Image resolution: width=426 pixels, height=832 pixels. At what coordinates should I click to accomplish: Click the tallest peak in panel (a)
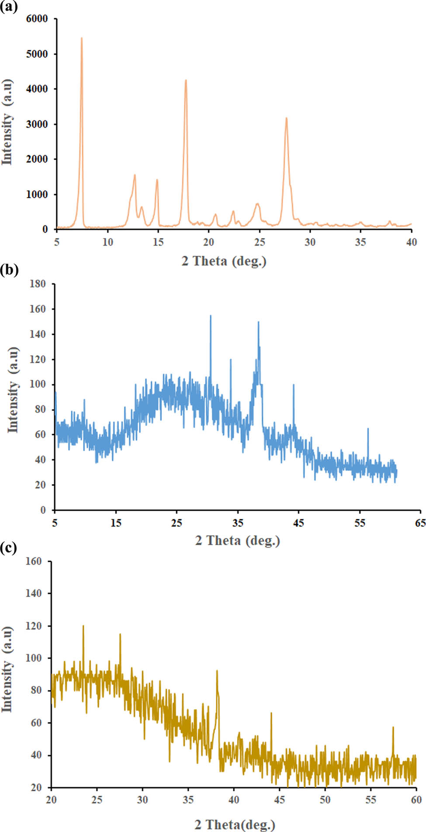(x=81, y=38)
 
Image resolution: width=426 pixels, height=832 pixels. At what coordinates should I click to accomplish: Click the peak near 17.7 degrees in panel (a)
(x=186, y=80)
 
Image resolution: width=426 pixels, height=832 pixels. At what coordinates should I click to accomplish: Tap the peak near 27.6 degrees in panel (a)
(x=286, y=118)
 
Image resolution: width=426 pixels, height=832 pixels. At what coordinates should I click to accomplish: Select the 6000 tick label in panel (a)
(x=37, y=19)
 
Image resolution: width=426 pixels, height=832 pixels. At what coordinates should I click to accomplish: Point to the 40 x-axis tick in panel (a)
(x=411, y=242)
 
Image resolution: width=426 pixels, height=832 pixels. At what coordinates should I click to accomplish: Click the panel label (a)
(x=9, y=7)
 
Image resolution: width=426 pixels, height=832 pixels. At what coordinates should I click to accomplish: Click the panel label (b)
(x=9, y=270)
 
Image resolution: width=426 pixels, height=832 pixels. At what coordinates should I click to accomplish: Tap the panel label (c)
(x=9, y=547)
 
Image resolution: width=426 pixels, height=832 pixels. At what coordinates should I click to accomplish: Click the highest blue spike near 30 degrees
(x=211, y=316)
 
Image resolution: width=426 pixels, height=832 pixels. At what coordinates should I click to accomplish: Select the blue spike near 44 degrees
(x=294, y=385)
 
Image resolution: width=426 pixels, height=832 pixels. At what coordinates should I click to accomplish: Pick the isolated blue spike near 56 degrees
(x=368, y=429)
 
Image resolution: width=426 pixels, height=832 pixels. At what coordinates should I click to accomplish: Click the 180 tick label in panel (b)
(x=38, y=284)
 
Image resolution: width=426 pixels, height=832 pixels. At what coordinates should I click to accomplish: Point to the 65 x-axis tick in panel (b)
(x=420, y=523)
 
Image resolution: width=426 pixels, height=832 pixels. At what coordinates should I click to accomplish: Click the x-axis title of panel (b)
(x=237, y=541)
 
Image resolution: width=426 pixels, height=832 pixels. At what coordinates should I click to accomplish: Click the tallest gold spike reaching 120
(x=83, y=626)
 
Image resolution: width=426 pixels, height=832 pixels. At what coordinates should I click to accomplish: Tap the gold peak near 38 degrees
(x=217, y=671)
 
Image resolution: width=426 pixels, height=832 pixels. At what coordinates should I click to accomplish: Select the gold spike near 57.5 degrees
(x=393, y=727)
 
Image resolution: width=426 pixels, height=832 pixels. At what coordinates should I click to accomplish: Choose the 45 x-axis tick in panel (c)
(x=279, y=800)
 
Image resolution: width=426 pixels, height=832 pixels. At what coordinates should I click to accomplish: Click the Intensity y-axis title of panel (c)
(x=7, y=669)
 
